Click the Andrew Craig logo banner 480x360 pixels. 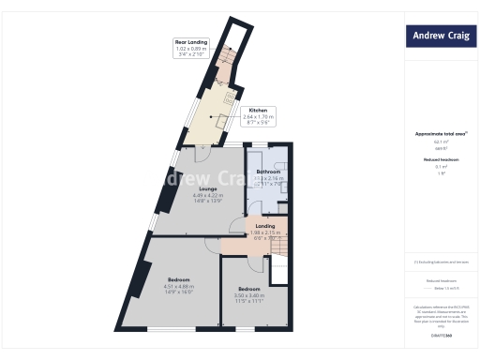click(441, 37)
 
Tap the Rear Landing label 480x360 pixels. click(191, 42)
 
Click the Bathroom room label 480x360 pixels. click(269, 172)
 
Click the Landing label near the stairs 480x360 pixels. click(264, 226)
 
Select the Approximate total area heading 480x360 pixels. click(441, 133)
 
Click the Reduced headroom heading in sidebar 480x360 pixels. click(441, 159)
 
